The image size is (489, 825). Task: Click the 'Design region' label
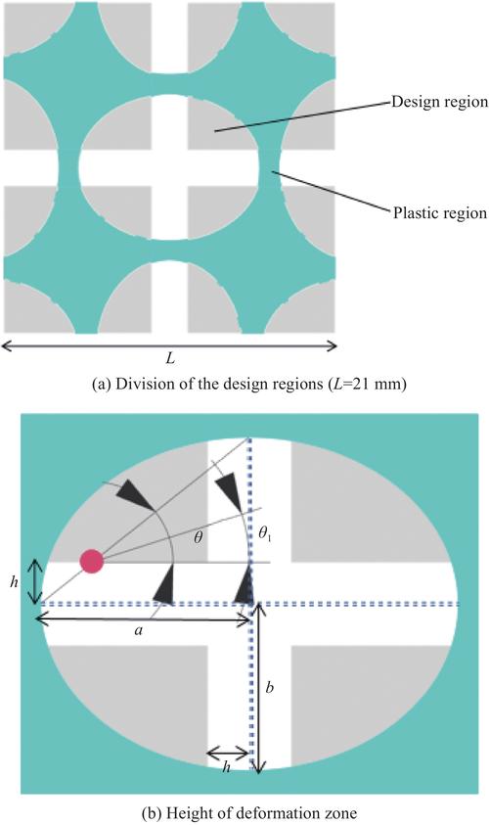(439, 102)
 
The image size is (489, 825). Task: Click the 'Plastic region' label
(440, 213)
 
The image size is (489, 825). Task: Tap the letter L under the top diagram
(170, 360)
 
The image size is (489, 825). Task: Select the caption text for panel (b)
(249, 813)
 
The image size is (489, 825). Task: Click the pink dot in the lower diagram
(92, 562)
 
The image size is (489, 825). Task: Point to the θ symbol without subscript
(199, 539)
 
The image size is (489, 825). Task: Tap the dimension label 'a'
(138, 630)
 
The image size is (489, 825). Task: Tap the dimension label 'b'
(269, 687)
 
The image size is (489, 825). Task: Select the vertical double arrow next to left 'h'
(34, 582)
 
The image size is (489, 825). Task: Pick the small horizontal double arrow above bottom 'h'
(228, 754)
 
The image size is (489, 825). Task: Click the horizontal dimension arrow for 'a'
(143, 620)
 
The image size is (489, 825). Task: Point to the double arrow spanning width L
(169, 345)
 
